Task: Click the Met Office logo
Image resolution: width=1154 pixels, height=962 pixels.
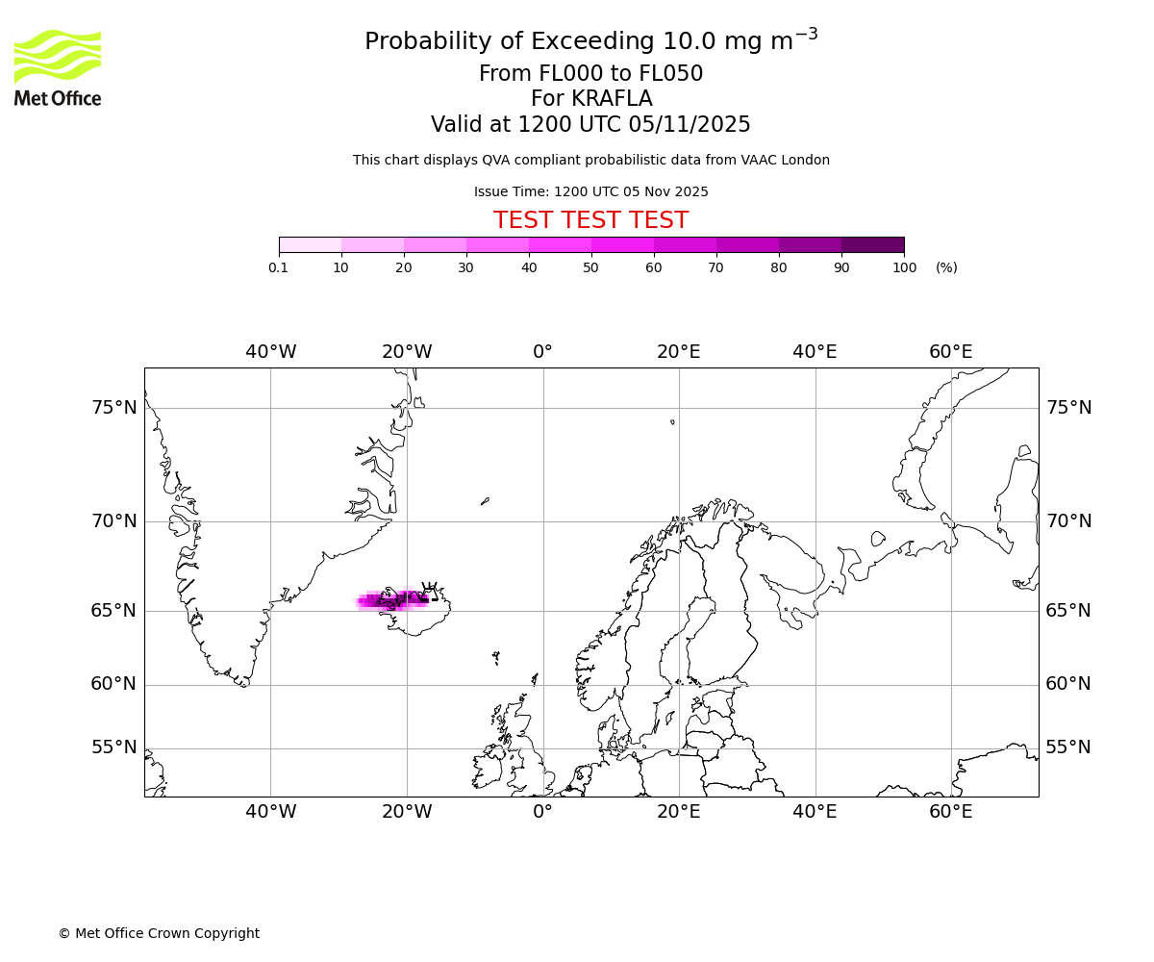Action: pos(58,67)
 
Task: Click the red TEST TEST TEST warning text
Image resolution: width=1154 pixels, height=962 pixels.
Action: pos(590,220)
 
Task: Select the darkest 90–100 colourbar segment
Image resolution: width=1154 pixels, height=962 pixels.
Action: pos(872,245)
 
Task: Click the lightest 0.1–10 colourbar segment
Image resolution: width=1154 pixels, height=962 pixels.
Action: pos(310,245)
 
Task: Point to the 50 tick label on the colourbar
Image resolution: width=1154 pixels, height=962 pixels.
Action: pos(590,267)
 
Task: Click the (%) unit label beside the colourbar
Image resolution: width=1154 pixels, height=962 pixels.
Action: pos(946,267)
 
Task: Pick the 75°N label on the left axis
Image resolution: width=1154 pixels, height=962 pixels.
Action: pos(114,408)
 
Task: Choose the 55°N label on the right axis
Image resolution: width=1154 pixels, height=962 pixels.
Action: pos(1068,747)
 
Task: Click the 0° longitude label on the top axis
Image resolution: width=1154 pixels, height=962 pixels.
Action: pos(542,352)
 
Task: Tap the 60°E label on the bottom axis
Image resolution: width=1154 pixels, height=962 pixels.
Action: pos(950,812)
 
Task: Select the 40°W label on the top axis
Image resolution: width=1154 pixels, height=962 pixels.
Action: pos(270,352)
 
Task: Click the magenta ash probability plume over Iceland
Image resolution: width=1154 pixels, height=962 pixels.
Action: pos(389,601)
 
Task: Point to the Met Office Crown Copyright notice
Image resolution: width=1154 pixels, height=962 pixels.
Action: pos(159,933)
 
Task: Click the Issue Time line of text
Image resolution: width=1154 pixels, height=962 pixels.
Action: pos(590,192)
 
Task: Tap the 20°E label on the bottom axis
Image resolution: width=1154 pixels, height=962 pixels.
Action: pos(679,812)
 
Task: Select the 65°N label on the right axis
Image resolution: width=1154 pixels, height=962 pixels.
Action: pos(1068,611)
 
